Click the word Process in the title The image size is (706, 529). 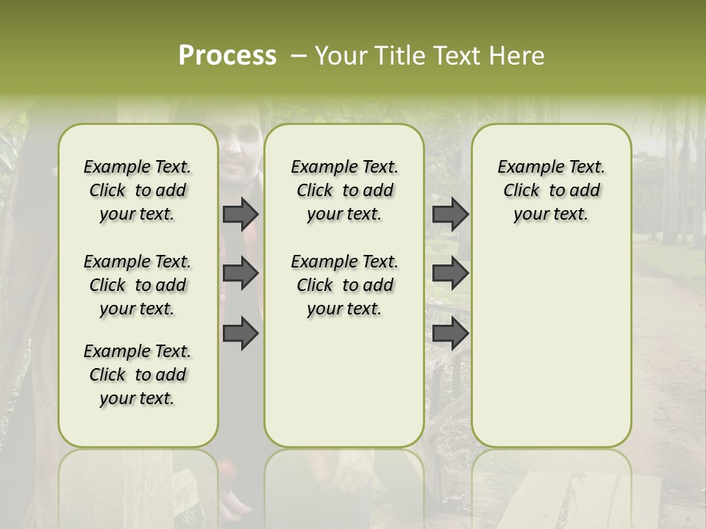pyautogui.click(x=227, y=56)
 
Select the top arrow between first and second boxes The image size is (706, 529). pyautogui.click(x=240, y=214)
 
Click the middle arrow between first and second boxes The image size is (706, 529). pyautogui.click(x=240, y=273)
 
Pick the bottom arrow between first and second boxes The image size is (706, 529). pyautogui.click(x=240, y=333)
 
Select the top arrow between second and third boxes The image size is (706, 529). pyautogui.click(x=450, y=214)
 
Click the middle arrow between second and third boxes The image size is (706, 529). pyautogui.click(x=450, y=273)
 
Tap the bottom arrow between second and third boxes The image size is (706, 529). pyautogui.click(x=450, y=333)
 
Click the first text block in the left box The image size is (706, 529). pyautogui.click(x=138, y=190)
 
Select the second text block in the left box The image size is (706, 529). pyautogui.click(x=138, y=285)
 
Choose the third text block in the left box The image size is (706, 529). pyautogui.click(x=138, y=375)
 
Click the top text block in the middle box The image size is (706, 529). pyautogui.click(x=344, y=190)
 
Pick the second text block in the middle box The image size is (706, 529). pyautogui.click(x=344, y=285)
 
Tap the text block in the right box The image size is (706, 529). pyautogui.click(x=551, y=190)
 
